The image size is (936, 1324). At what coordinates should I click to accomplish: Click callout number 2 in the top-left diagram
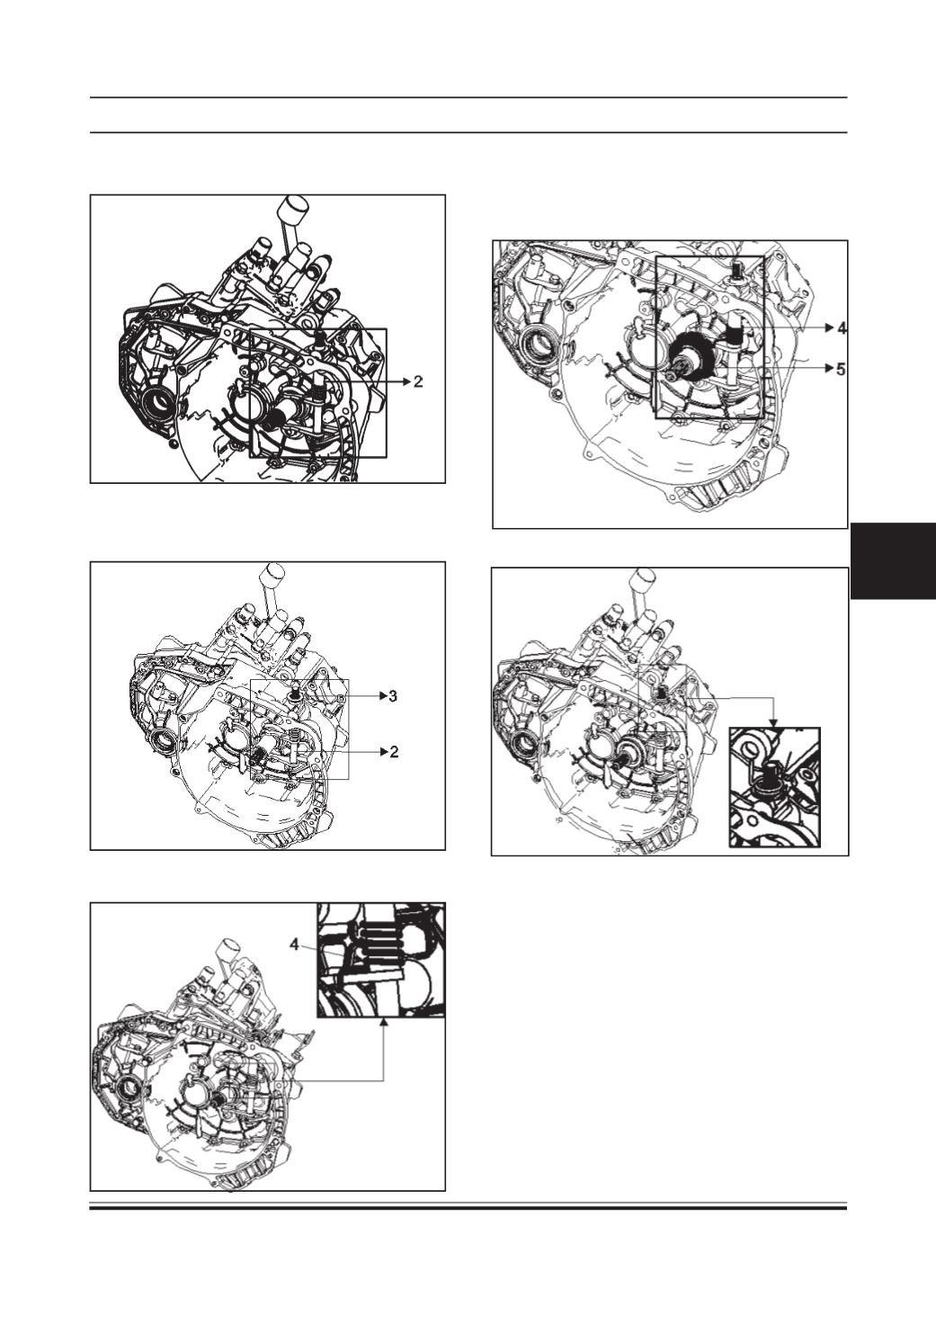tap(418, 382)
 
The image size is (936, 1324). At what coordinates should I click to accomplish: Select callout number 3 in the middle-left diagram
tap(393, 695)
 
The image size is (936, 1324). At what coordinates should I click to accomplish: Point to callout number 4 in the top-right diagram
tap(842, 327)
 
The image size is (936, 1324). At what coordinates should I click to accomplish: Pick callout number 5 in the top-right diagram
tap(842, 369)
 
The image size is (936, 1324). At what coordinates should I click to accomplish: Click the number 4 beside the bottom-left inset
tap(294, 944)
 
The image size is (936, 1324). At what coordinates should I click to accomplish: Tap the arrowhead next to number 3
tap(382, 695)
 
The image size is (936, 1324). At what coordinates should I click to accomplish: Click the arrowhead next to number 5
tap(830, 369)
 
